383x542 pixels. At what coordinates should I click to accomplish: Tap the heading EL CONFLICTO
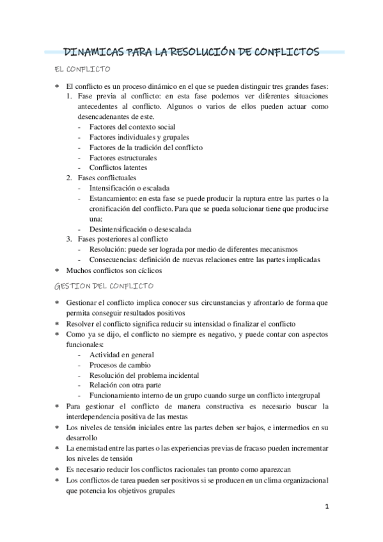point(84,68)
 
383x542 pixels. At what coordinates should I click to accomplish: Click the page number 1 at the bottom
point(326,507)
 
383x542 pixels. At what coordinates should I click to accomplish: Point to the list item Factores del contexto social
point(132,127)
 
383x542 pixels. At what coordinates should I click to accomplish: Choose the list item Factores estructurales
point(123,157)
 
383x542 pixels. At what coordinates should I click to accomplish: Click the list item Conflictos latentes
point(118,167)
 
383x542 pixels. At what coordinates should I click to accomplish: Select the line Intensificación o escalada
point(130,188)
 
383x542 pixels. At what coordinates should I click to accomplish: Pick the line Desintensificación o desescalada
point(141,229)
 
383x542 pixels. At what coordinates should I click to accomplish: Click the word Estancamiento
point(113,198)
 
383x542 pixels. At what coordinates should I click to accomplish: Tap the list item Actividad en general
point(121,355)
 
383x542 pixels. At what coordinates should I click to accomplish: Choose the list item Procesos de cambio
point(120,365)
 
